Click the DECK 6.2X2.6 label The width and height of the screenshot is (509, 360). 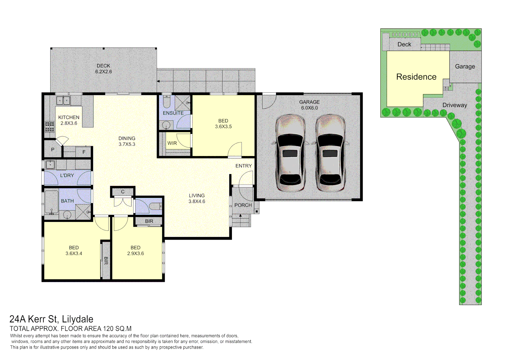click(x=103, y=69)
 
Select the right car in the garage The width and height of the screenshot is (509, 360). click(x=330, y=153)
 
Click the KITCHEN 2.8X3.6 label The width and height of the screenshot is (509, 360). click(x=69, y=120)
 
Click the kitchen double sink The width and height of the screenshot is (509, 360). click(x=63, y=100)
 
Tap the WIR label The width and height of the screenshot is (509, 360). click(x=172, y=143)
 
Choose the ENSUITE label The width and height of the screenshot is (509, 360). click(x=173, y=113)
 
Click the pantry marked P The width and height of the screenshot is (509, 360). click(x=53, y=150)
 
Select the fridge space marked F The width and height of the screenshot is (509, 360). click(x=84, y=152)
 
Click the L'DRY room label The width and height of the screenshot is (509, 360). click(x=67, y=175)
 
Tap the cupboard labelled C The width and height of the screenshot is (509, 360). click(x=123, y=192)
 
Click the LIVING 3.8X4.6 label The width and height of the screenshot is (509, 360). click(x=197, y=198)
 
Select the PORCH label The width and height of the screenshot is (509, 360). click(x=243, y=205)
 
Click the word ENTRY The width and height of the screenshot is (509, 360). click(x=243, y=166)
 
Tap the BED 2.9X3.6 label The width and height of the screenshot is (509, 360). click(x=135, y=250)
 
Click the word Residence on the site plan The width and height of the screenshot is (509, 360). click(x=416, y=77)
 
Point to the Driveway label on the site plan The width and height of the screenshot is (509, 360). click(x=454, y=105)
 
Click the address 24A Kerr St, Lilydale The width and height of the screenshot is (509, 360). click(x=51, y=319)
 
